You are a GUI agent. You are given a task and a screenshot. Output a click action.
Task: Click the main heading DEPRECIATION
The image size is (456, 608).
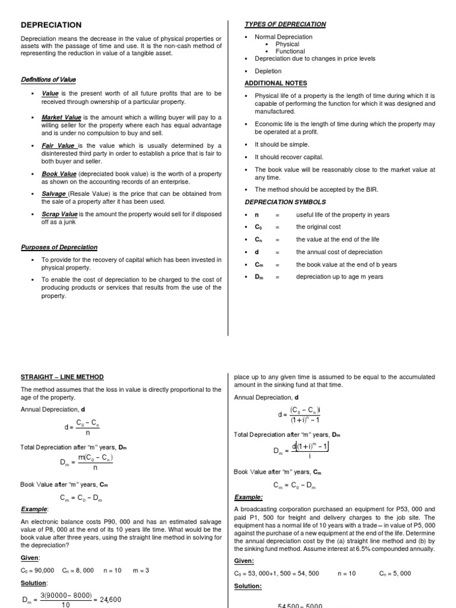(x=52, y=25)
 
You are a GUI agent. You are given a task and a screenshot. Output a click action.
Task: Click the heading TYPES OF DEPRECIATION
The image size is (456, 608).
(x=285, y=24)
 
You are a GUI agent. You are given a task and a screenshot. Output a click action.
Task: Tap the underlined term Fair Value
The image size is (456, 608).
(x=58, y=145)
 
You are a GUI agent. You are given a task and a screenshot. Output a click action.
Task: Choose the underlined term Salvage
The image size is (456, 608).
(x=54, y=194)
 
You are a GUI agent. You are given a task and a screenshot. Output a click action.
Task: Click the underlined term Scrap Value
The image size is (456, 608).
(x=59, y=214)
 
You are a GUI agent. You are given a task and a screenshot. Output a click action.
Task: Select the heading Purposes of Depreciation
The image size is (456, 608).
(x=59, y=248)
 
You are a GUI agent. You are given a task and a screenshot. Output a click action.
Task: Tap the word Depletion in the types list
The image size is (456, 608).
(x=268, y=71)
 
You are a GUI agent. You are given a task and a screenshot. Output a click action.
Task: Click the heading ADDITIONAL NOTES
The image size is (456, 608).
(x=276, y=83)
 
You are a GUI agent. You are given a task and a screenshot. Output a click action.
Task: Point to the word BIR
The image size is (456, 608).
(x=372, y=189)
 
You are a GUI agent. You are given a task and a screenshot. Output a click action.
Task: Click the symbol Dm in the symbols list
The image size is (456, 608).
(x=258, y=277)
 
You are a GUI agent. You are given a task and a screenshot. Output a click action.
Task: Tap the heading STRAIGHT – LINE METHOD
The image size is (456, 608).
(x=62, y=377)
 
